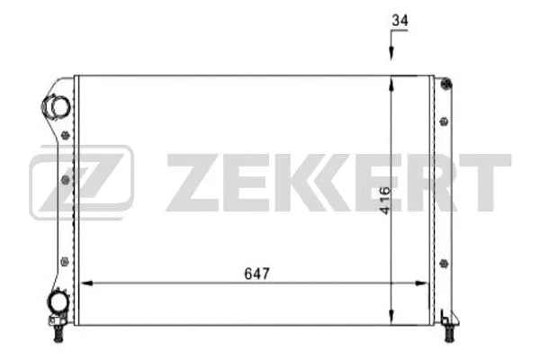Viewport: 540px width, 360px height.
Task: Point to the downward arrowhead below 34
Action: (x=391, y=56)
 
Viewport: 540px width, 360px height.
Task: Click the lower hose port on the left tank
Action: (x=58, y=303)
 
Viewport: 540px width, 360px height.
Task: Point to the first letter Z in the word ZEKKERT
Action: (x=190, y=181)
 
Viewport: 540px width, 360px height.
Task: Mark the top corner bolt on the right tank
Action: (x=445, y=86)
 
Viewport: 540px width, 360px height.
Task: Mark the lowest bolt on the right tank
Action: (x=444, y=263)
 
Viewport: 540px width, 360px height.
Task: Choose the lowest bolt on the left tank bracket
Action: (x=63, y=262)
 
